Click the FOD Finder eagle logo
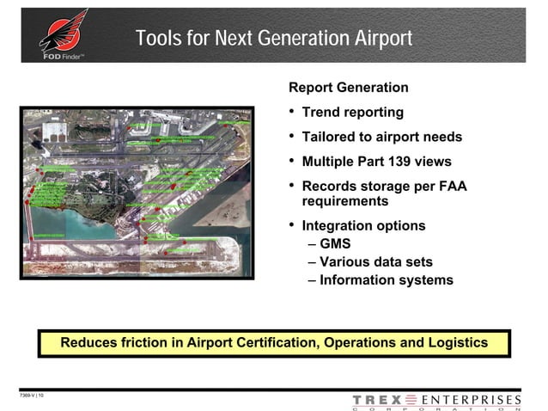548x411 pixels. click(64, 34)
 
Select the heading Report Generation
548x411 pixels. click(348, 88)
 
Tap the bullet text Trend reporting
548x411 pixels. click(352, 113)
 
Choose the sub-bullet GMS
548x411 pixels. click(335, 244)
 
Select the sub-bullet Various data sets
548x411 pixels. click(375, 261)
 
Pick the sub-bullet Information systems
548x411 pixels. click(386, 279)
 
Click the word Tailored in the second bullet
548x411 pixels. click(329, 137)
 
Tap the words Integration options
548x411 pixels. click(363, 225)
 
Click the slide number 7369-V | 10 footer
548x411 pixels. click(33, 395)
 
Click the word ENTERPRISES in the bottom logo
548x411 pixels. click(472, 400)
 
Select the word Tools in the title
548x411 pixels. click(156, 39)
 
